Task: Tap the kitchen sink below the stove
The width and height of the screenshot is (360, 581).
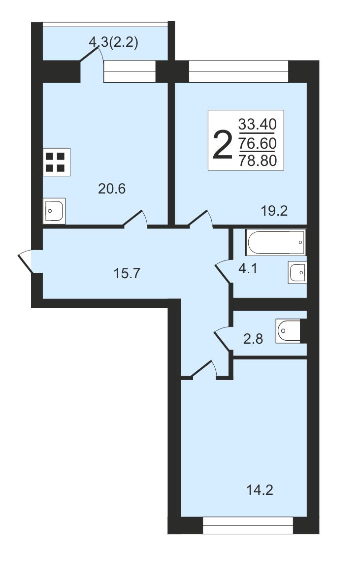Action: coord(54,211)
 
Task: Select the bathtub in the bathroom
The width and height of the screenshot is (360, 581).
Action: coord(275,242)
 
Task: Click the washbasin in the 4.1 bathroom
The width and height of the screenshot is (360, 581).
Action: coord(297,273)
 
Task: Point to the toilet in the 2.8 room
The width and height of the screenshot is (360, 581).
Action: coord(288,331)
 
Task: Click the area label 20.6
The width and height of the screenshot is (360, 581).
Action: coord(112,189)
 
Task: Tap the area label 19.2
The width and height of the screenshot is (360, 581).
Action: coord(274,211)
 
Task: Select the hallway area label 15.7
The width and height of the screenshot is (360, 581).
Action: coord(127,274)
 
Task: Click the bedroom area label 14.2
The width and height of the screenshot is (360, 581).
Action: coord(260,490)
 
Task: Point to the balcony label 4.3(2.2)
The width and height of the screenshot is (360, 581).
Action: coord(113,43)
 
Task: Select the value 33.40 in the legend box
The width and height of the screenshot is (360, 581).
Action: coord(258,124)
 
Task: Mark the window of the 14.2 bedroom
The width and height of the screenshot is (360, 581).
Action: coord(248,525)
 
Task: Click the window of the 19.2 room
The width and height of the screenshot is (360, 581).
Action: coord(239,71)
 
